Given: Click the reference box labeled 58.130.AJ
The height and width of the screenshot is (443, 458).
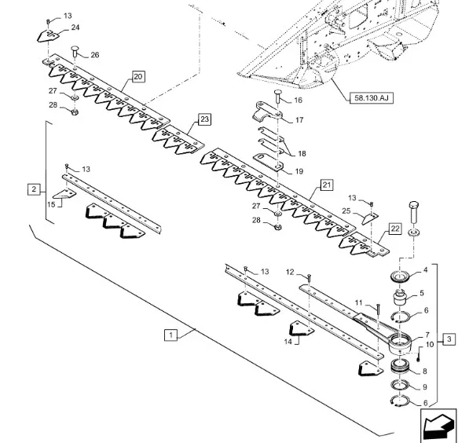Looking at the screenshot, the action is pyautogui.click(x=372, y=98).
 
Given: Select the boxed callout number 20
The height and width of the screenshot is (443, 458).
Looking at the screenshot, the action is pyautogui.click(x=138, y=77).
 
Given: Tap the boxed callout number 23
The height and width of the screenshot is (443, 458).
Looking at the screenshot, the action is pyautogui.click(x=204, y=119).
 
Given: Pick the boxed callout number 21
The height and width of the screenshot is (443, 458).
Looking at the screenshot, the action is pyautogui.click(x=327, y=185).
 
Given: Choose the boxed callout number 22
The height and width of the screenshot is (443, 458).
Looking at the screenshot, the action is pyautogui.click(x=394, y=229).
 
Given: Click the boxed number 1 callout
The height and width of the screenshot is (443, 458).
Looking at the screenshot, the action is pyautogui.click(x=170, y=335).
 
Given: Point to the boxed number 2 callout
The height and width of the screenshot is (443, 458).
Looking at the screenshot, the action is pyautogui.click(x=34, y=189).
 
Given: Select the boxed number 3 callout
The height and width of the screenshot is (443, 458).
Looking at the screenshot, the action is pyautogui.click(x=449, y=339).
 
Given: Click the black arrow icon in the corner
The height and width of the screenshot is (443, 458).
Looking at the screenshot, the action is pyautogui.click(x=438, y=426).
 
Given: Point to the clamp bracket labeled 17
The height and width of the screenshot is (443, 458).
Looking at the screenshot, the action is pyautogui.click(x=267, y=112).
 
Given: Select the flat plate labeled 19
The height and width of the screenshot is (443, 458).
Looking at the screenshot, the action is pyautogui.click(x=268, y=163).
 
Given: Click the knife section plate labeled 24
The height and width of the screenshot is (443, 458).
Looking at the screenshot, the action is pyautogui.click(x=48, y=36).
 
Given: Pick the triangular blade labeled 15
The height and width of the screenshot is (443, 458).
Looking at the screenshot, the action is pyautogui.click(x=64, y=194).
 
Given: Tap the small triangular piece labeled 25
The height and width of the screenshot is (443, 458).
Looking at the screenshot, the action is pyautogui.click(x=369, y=218).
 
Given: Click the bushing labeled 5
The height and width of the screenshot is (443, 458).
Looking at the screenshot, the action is pyautogui.click(x=399, y=297).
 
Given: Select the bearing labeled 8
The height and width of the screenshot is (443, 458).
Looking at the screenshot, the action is pyautogui.click(x=401, y=367).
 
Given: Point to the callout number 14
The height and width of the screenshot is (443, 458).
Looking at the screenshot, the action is pyautogui.click(x=288, y=342).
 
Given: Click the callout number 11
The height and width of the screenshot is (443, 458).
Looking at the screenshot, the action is pyautogui.click(x=359, y=303).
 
